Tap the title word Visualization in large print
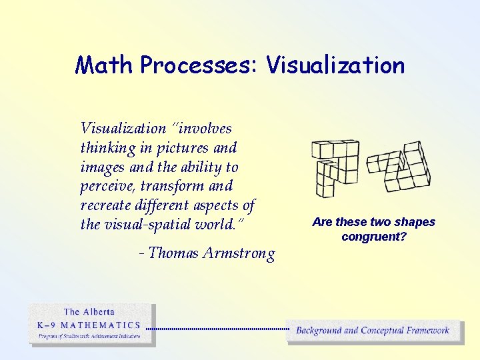[x=335, y=65]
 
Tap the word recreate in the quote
[x=107, y=205]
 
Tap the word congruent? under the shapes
[x=373, y=237]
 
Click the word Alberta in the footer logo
[x=98, y=311]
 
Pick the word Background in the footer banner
[x=319, y=330]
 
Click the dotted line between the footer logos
[x=217, y=329]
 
